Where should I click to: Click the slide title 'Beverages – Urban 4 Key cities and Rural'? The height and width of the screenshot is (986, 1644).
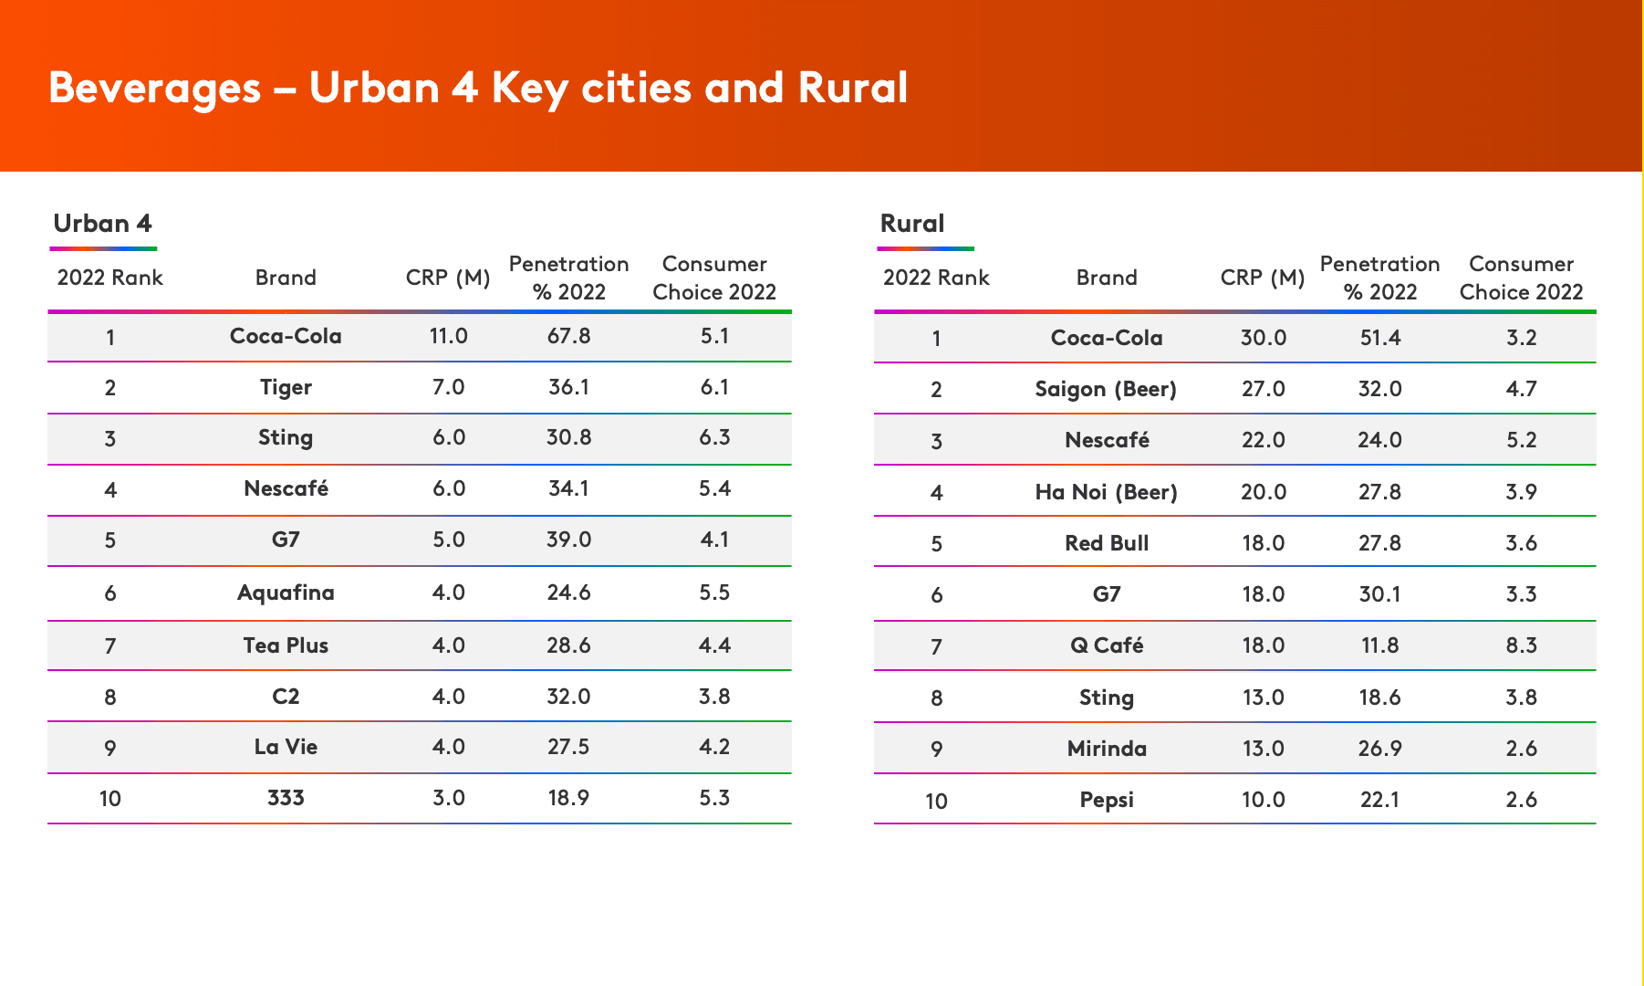[x=478, y=89]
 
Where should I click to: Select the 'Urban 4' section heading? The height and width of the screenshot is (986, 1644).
[x=102, y=224]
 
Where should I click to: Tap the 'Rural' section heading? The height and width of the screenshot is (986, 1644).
[x=912, y=224]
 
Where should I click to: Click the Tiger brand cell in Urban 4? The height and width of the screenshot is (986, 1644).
[x=286, y=388]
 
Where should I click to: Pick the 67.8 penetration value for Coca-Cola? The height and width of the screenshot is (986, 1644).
[x=568, y=336]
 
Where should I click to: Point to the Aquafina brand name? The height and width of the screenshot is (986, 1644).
[x=286, y=593]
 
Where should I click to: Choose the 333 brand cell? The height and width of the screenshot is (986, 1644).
[x=286, y=798]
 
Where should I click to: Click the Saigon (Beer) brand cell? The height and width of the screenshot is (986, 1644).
[x=1106, y=390]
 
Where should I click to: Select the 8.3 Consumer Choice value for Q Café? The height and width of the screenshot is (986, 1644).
[x=1521, y=645]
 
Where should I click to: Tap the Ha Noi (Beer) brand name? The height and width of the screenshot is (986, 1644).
[x=1106, y=492]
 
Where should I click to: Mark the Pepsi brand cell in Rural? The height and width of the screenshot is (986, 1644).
[x=1107, y=801]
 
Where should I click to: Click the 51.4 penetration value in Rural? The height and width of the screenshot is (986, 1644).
[x=1379, y=338]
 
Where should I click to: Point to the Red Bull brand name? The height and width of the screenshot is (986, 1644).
[x=1107, y=543]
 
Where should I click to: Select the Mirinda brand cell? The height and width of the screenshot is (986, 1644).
[x=1107, y=749]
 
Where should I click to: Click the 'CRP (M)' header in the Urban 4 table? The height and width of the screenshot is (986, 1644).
[x=448, y=278]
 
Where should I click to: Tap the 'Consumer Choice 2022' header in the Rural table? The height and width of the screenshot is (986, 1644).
[x=1521, y=278]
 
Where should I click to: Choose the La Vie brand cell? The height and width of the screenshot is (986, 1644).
[x=286, y=747]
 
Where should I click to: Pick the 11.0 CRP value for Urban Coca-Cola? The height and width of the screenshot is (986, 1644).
[x=448, y=336]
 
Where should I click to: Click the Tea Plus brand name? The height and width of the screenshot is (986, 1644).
[x=286, y=645]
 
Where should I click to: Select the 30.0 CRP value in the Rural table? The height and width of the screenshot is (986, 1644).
[x=1263, y=338]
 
